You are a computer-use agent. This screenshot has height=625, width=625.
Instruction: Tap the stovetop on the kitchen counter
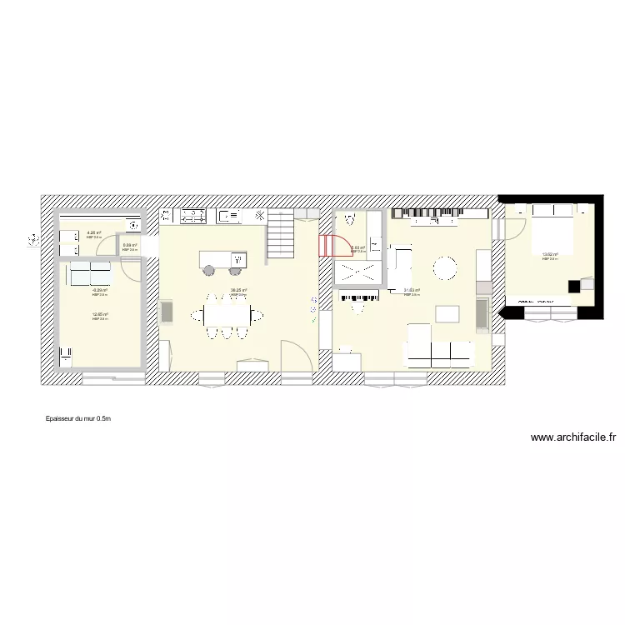[193, 217]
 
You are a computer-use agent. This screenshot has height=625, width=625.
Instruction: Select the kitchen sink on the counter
[228, 217]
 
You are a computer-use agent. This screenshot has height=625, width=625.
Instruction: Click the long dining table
[227, 315]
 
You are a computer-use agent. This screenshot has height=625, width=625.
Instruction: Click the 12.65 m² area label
[100, 314]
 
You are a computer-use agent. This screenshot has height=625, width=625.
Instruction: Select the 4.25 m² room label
[93, 233]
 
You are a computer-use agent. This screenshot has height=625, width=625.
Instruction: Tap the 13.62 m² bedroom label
[550, 255]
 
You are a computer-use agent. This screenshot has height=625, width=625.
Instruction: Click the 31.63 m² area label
[412, 290]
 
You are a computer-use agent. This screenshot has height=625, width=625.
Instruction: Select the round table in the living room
[444, 267]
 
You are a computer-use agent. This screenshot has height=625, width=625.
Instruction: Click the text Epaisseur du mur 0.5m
[78, 419]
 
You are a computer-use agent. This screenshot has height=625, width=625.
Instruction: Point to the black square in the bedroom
[574, 285]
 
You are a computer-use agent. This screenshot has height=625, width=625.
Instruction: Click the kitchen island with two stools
[222, 259]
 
